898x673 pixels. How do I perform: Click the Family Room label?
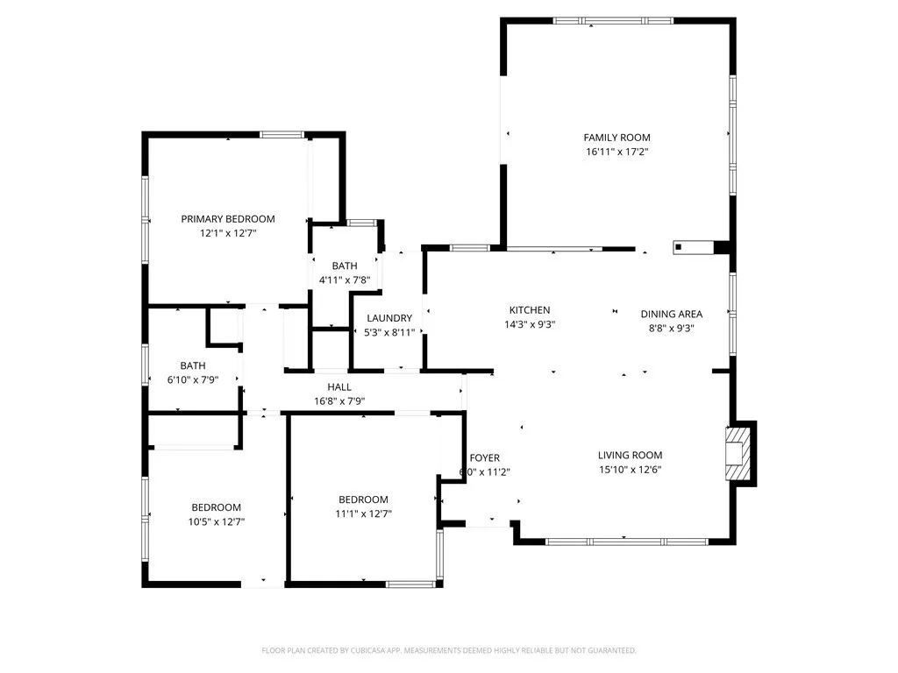click(x=616, y=138)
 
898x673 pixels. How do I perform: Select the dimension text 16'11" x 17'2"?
click(x=616, y=152)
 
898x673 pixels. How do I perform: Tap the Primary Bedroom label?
click(x=228, y=219)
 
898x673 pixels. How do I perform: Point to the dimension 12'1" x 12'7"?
click(x=228, y=233)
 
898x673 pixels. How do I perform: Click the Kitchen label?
click(x=530, y=310)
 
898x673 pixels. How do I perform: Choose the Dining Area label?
click(x=671, y=315)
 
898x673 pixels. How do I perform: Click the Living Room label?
click(x=630, y=455)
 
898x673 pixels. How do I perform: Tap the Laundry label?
click(x=389, y=318)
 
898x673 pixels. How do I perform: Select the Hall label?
click(x=339, y=387)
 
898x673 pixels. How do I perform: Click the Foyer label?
click(x=485, y=458)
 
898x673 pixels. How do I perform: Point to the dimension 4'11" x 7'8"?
click(x=345, y=280)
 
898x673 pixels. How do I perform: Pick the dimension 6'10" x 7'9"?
click(x=193, y=379)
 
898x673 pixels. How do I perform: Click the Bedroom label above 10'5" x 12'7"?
click(x=217, y=507)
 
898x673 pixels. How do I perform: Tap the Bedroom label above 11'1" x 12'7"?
click(x=363, y=499)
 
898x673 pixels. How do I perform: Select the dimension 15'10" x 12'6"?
click(x=630, y=469)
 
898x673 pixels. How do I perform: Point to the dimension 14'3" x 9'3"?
click(x=530, y=324)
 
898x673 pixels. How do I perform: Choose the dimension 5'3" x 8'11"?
click(x=389, y=332)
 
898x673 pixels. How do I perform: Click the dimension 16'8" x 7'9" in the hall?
click(x=339, y=401)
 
